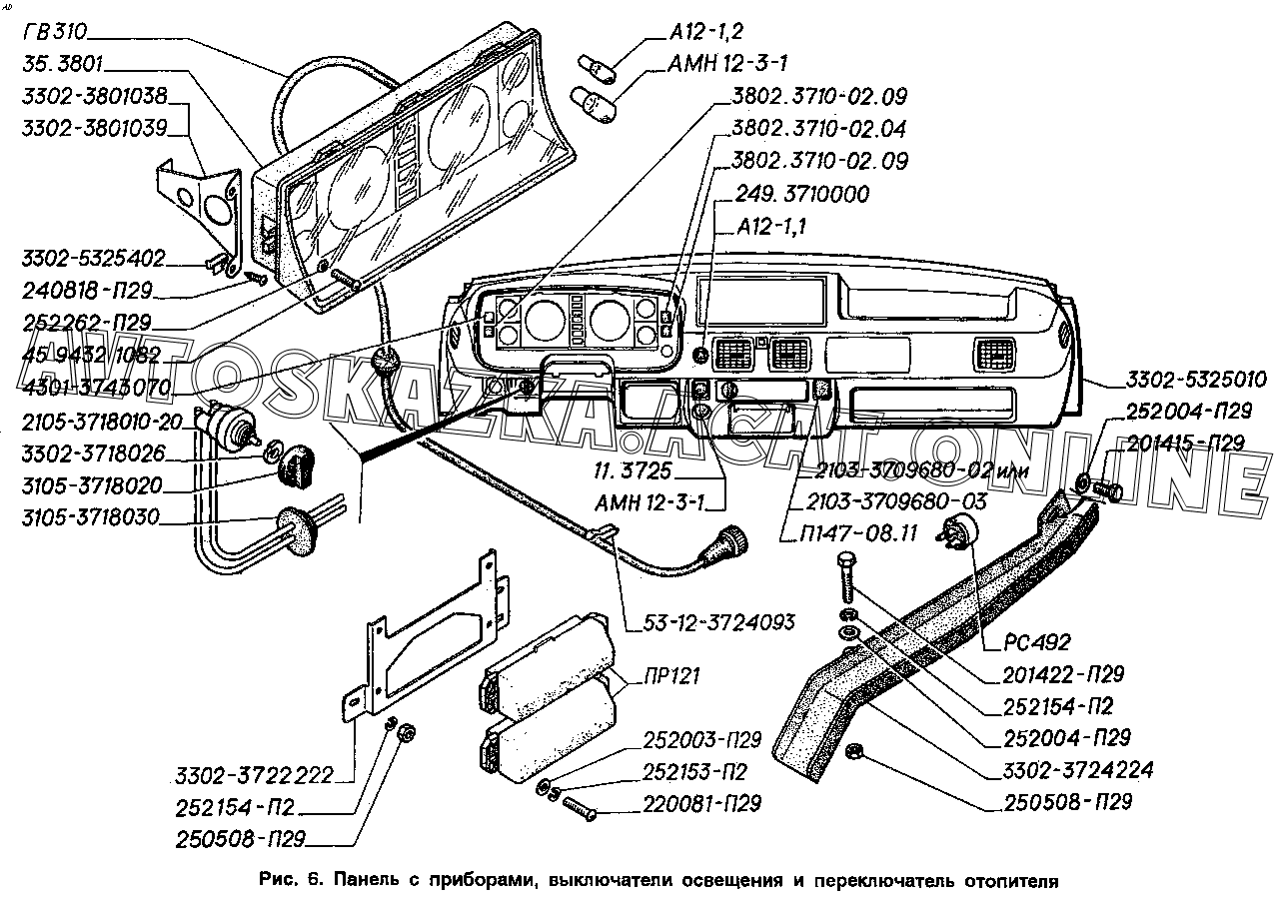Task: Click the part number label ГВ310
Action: click(57, 32)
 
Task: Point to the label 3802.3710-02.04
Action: click(818, 129)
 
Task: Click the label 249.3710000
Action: click(801, 193)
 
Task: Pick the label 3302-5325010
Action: click(1196, 381)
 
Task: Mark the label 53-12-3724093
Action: click(712, 622)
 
